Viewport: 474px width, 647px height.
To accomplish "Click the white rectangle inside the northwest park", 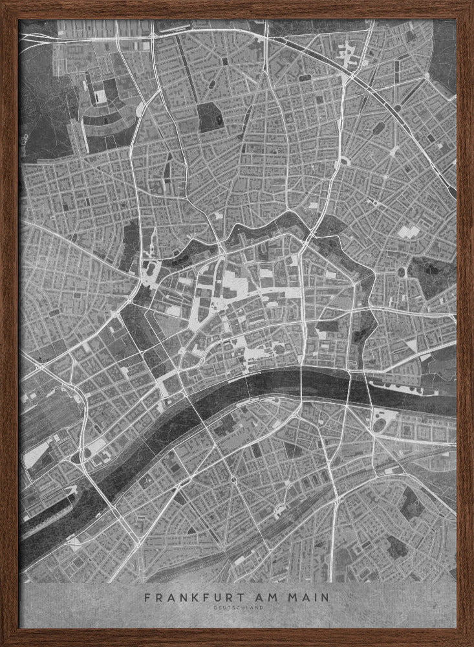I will click(x=101, y=96).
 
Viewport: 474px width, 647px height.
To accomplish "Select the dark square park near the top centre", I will click(x=209, y=117).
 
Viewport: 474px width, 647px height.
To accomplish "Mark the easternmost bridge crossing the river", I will click(x=369, y=392).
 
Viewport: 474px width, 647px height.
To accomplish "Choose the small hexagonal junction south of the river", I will click(x=232, y=479).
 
